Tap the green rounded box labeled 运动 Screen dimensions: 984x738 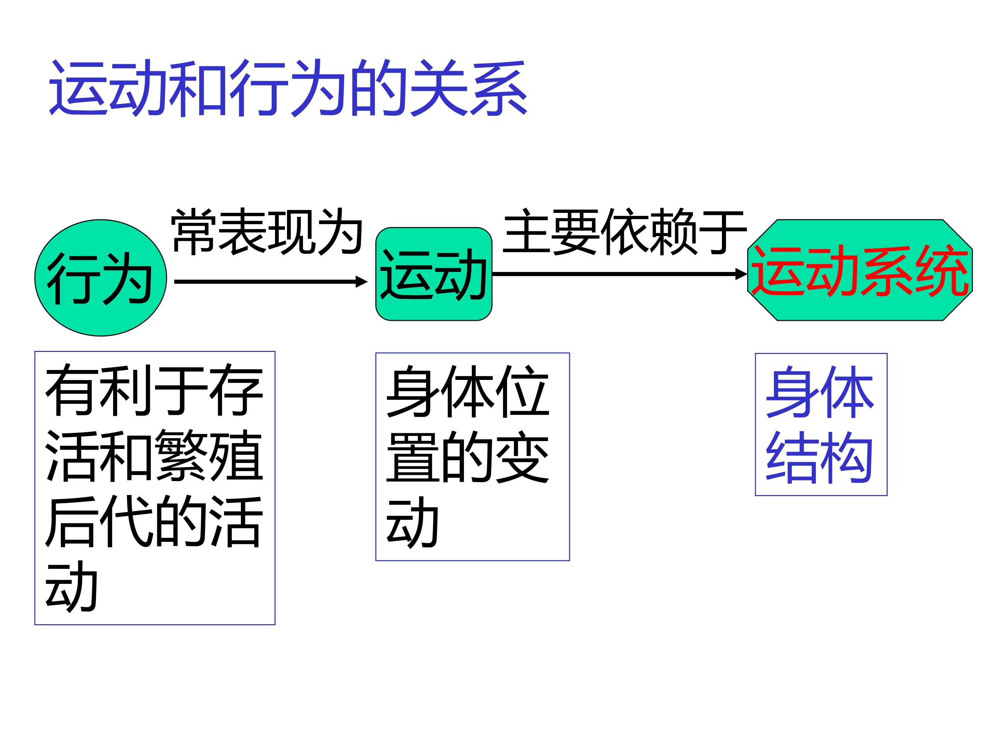[434, 274]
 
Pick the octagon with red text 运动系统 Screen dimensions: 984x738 [860, 270]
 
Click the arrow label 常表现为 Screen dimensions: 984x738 [267, 232]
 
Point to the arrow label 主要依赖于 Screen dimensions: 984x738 [625, 232]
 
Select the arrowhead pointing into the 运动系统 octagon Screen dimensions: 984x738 [741, 274]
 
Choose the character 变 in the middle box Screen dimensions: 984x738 [522, 457]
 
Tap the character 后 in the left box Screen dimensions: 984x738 [72, 521]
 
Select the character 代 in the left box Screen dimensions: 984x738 [127, 521]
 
